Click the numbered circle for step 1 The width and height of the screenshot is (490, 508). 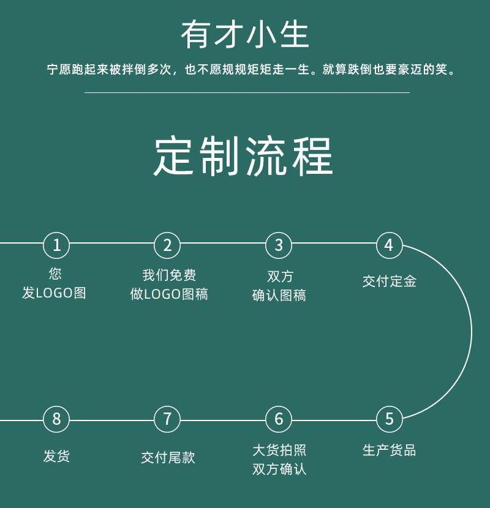56,246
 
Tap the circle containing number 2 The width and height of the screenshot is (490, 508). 167,246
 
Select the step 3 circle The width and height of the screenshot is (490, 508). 279,246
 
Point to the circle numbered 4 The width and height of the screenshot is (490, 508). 389,246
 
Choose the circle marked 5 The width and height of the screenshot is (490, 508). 389,420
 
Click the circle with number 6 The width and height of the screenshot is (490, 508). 279,420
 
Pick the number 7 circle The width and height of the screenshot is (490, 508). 167,420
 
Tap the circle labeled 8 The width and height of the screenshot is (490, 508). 56,420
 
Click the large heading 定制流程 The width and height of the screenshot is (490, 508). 244,157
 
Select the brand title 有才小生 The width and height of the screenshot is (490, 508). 244,35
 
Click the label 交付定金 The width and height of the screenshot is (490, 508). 390,282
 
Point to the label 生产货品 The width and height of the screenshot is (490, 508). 390,451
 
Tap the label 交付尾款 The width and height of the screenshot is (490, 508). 168,457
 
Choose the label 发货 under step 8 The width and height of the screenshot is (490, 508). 56,456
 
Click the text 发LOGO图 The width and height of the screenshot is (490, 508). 55,293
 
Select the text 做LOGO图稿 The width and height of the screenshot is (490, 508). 169,294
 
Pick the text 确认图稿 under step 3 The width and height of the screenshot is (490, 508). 279,296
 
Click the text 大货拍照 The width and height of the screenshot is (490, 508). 279,450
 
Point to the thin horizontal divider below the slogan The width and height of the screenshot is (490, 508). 246,93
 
